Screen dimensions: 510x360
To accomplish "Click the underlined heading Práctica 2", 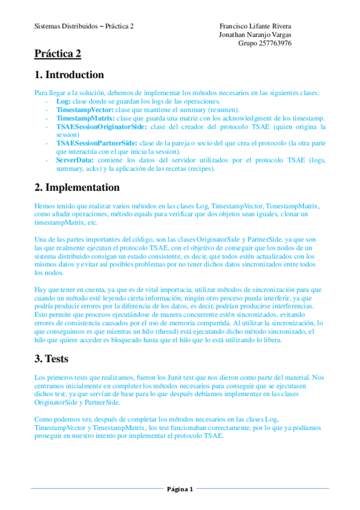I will (58, 55).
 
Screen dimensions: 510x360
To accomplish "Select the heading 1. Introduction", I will (69, 75).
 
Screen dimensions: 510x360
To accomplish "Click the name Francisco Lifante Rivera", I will (255, 26).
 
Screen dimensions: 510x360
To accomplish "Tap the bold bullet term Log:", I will (63, 102).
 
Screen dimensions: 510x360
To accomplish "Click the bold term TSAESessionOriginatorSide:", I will (101, 127).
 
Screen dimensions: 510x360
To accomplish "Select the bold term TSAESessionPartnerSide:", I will (96, 144).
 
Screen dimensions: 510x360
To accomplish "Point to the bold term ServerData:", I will (75, 161).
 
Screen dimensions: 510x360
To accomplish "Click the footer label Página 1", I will (180, 489).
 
